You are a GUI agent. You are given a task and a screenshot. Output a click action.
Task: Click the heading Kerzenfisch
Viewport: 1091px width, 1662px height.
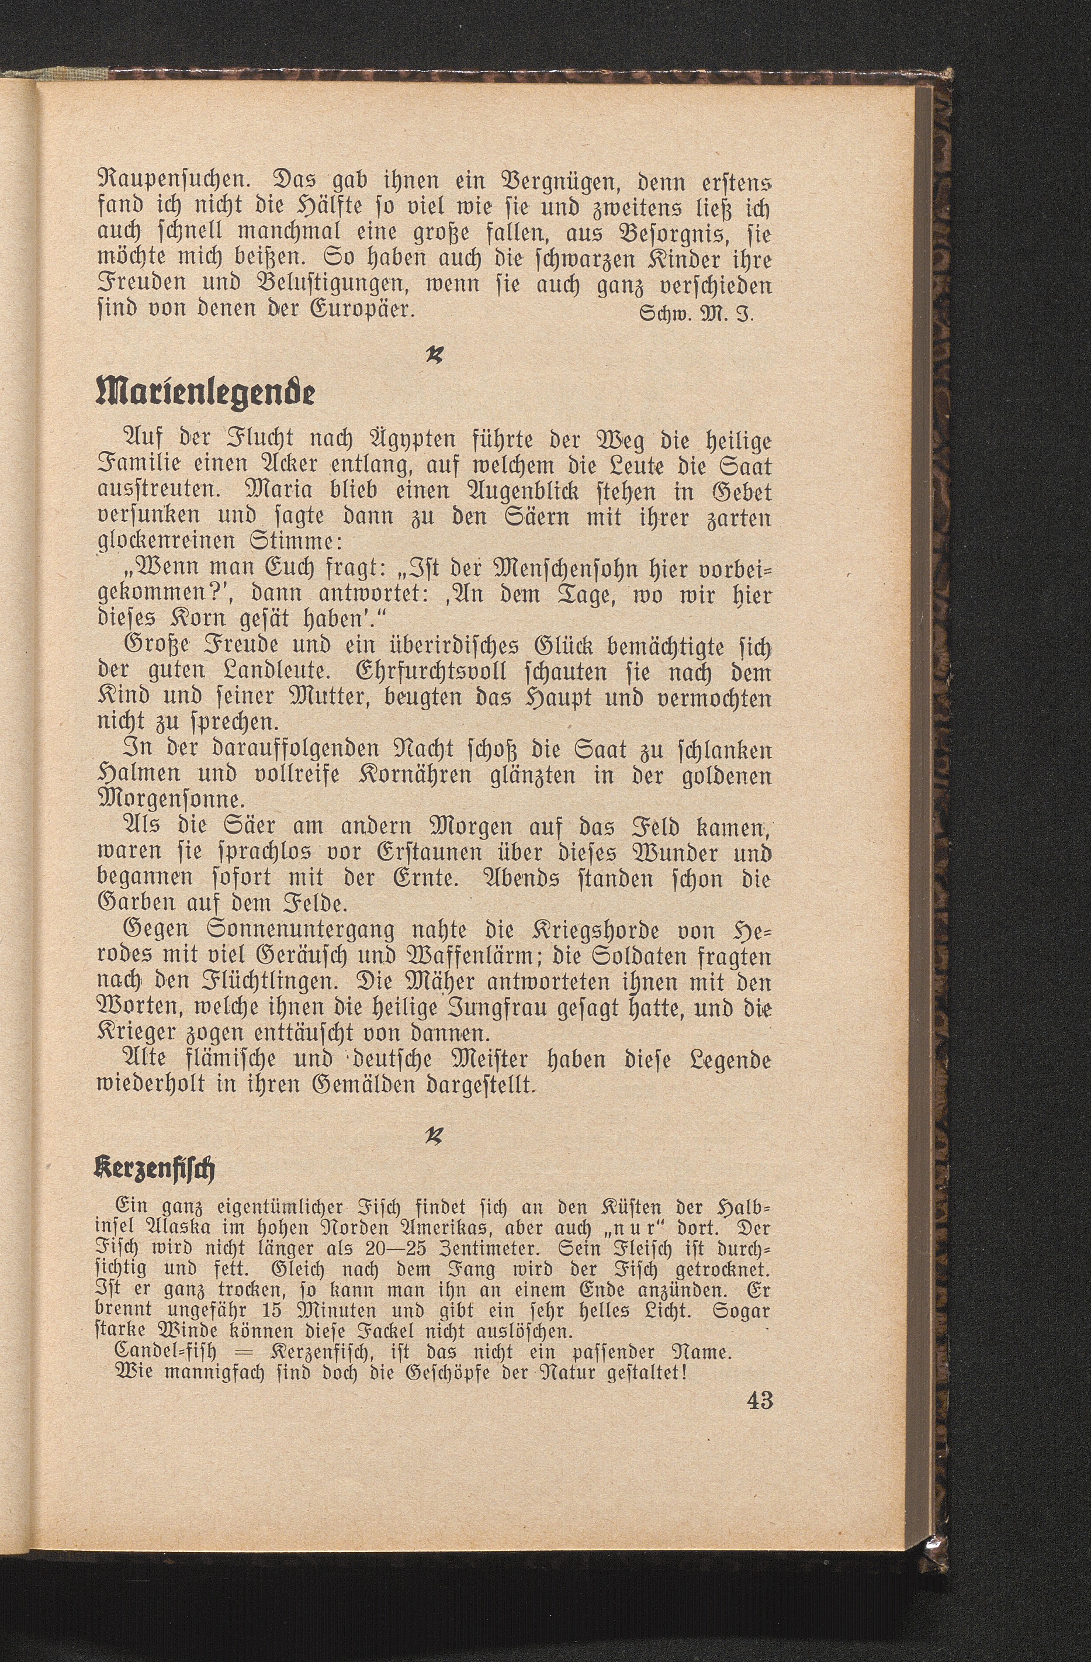coord(154,1168)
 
